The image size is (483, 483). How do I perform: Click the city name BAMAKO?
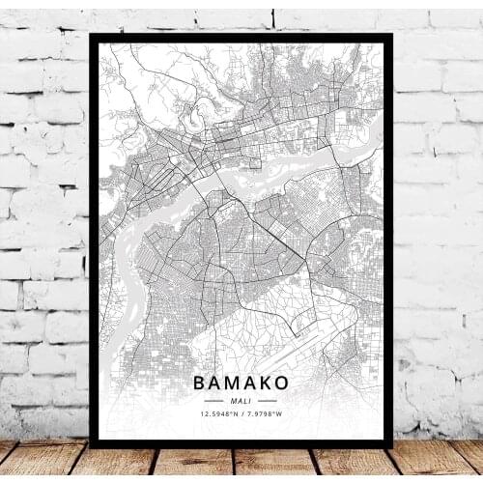pos(241,384)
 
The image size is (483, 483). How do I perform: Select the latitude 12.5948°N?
pos(218,415)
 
